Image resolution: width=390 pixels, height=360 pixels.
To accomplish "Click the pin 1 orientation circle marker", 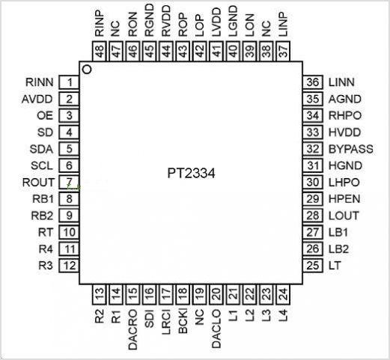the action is click(87, 70).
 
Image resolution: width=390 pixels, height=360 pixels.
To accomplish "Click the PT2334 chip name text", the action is click(191, 174).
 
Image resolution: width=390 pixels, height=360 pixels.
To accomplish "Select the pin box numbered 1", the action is click(69, 82).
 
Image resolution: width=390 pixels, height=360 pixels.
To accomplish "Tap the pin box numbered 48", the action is click(100, 51).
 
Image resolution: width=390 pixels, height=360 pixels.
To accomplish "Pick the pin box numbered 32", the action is click(313, 149).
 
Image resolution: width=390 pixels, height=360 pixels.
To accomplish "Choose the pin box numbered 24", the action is click(283, 294).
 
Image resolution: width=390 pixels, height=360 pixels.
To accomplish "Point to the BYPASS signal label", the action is click(351, 149).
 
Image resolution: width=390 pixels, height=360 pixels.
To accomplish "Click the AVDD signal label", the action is click(37, 99).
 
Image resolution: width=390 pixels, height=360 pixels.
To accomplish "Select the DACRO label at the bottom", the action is click(132, 329).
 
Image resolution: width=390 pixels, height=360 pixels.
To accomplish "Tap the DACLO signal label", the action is click(216, 329).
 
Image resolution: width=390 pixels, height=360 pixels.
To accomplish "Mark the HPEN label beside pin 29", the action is click(344, 199).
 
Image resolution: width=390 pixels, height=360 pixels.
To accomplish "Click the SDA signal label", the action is click(41, 149).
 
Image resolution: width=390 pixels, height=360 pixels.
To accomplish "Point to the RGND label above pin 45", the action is click(150, 21).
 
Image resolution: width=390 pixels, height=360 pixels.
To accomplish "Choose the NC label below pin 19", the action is click(200, 317).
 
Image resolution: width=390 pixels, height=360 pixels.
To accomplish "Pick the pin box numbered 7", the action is click(69, 182).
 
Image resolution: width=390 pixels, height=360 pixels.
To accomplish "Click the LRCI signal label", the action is click(166, 322).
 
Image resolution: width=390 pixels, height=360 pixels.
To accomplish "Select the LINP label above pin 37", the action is click(283, 24).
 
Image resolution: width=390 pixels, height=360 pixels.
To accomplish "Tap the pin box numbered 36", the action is click(313, 82).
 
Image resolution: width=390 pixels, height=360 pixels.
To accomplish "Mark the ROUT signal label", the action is click(38, 182).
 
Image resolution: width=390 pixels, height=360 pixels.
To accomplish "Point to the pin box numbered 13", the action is click(100, 294).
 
